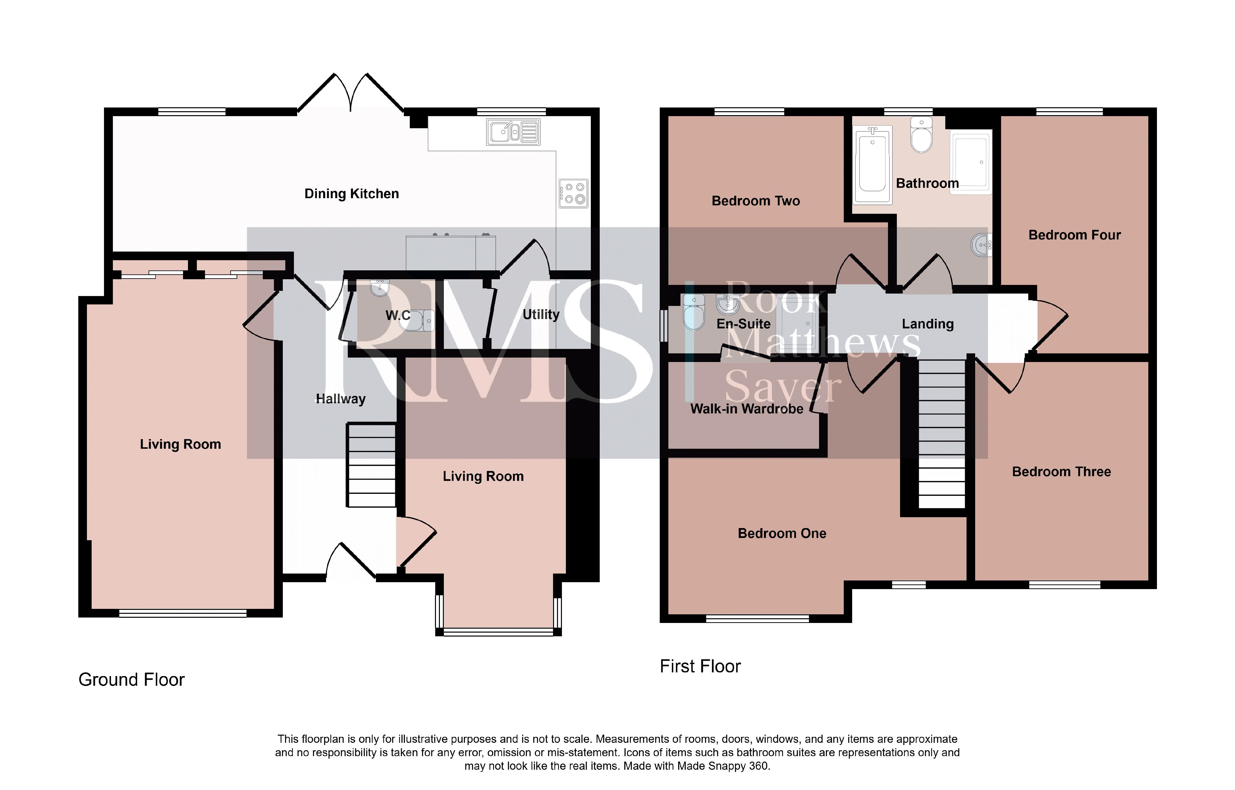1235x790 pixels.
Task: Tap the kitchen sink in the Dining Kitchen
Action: click(513, 132)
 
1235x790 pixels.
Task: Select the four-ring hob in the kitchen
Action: click(573, 193)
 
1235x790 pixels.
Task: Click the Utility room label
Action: click(541, 315)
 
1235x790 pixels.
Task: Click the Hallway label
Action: click(341, 399)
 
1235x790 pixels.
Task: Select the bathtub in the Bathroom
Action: click(872, 165)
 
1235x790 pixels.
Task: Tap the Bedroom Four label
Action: click(1074, 235)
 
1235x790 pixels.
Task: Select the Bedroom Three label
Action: click(1061, 472)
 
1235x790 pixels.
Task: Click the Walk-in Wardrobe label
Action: click(747, 409)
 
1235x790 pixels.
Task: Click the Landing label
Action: click(928, 324)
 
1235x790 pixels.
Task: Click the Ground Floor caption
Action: click(131, 680)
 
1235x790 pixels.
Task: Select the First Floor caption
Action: click(700, 666)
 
